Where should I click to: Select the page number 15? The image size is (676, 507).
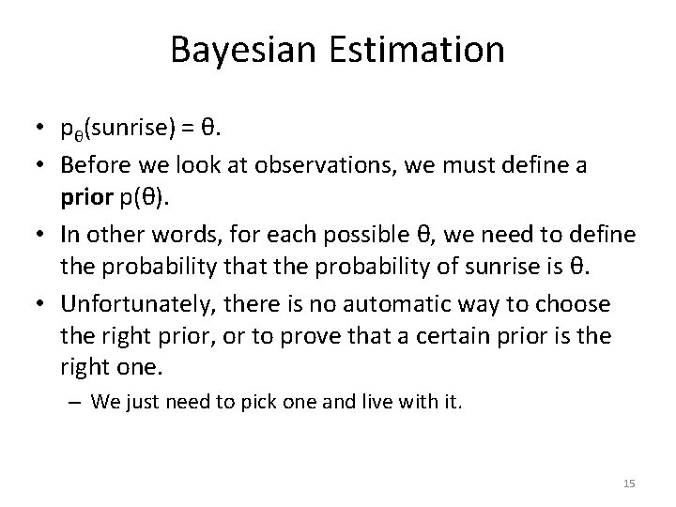click(629, 484)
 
